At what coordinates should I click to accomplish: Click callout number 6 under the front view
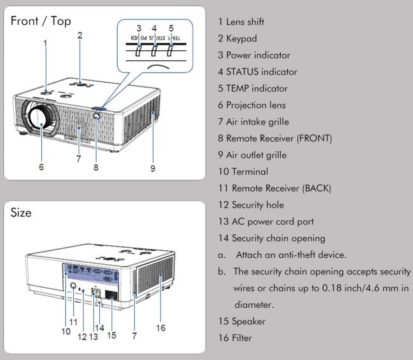(x=41, y=168)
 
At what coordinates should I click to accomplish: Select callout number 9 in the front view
(x=152, y=168)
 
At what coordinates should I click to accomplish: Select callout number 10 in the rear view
(x=65, y=331)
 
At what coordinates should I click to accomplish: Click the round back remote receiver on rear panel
(x=74, y=287)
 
